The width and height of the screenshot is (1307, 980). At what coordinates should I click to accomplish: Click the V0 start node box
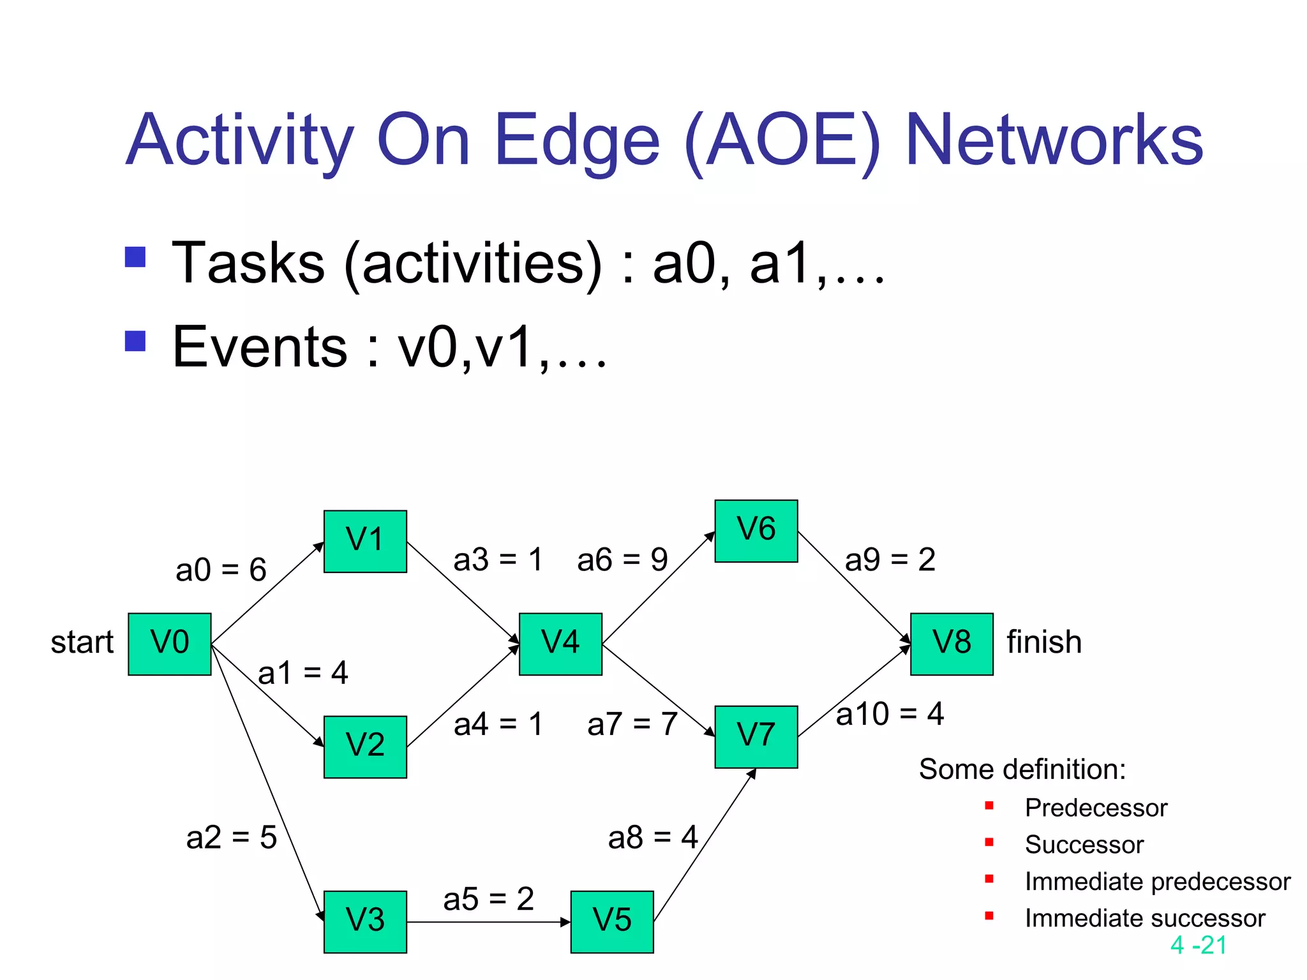tap(169, 644)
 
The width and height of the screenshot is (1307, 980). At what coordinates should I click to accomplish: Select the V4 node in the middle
tap(560, 644)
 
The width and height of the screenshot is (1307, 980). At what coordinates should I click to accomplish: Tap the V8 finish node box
tap(952, 644)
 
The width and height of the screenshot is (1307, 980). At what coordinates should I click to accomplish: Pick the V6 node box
tap(756, 531)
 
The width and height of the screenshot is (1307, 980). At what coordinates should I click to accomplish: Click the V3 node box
tap(365, 921)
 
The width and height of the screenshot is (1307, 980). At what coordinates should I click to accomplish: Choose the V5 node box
tap(612, 921)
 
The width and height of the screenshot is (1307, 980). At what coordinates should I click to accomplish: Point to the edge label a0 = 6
tap(221, 569)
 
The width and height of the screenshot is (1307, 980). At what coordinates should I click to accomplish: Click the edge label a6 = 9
tap(622, 560)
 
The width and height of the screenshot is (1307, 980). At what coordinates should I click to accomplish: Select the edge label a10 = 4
tap(890, 713)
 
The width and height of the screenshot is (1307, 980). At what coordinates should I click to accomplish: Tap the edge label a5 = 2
tap(488, 898)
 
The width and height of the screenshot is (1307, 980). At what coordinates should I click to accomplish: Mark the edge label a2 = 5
tap(231, 837)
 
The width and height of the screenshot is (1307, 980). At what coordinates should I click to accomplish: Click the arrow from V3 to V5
tap(488, 922)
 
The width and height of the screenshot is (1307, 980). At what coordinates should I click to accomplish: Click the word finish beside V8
tap(1044, 642)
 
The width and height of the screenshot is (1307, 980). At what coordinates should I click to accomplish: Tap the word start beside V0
tap(82, 642)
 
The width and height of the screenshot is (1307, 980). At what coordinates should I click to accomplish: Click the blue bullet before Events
tap(135, 341)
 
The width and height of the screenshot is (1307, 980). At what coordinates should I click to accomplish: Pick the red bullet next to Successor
tap(989, 842)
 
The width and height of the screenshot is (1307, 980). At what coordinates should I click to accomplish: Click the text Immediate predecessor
tap(1157, 881)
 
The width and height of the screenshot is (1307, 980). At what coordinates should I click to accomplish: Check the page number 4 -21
tap(1199, 945)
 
